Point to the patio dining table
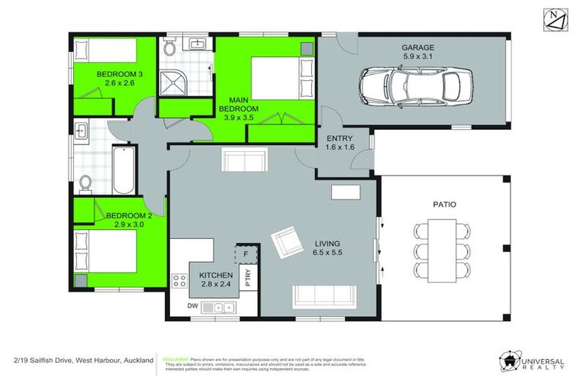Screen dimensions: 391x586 (439, 250)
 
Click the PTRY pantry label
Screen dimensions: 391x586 (247, 279)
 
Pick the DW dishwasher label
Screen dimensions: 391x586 (192, 306)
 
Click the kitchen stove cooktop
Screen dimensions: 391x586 (181, 281)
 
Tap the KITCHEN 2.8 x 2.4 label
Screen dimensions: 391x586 (216, 279)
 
